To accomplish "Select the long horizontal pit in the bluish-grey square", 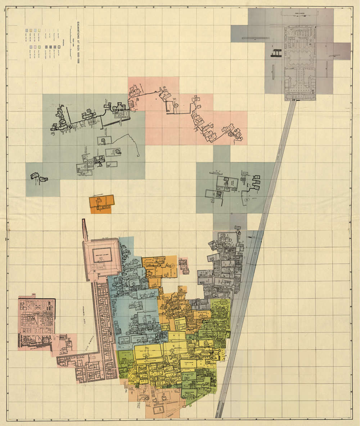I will tap(253, 38).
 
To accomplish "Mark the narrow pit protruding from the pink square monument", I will tap(85, 229).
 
